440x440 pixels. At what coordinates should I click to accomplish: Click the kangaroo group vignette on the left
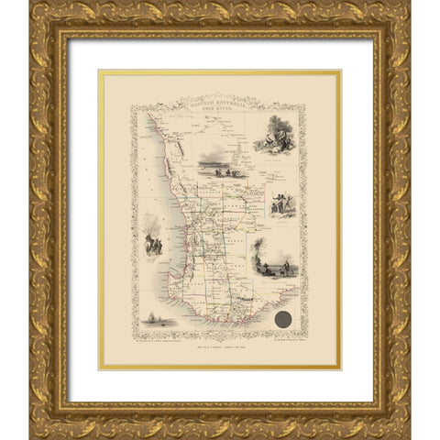tap(152, 240)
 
